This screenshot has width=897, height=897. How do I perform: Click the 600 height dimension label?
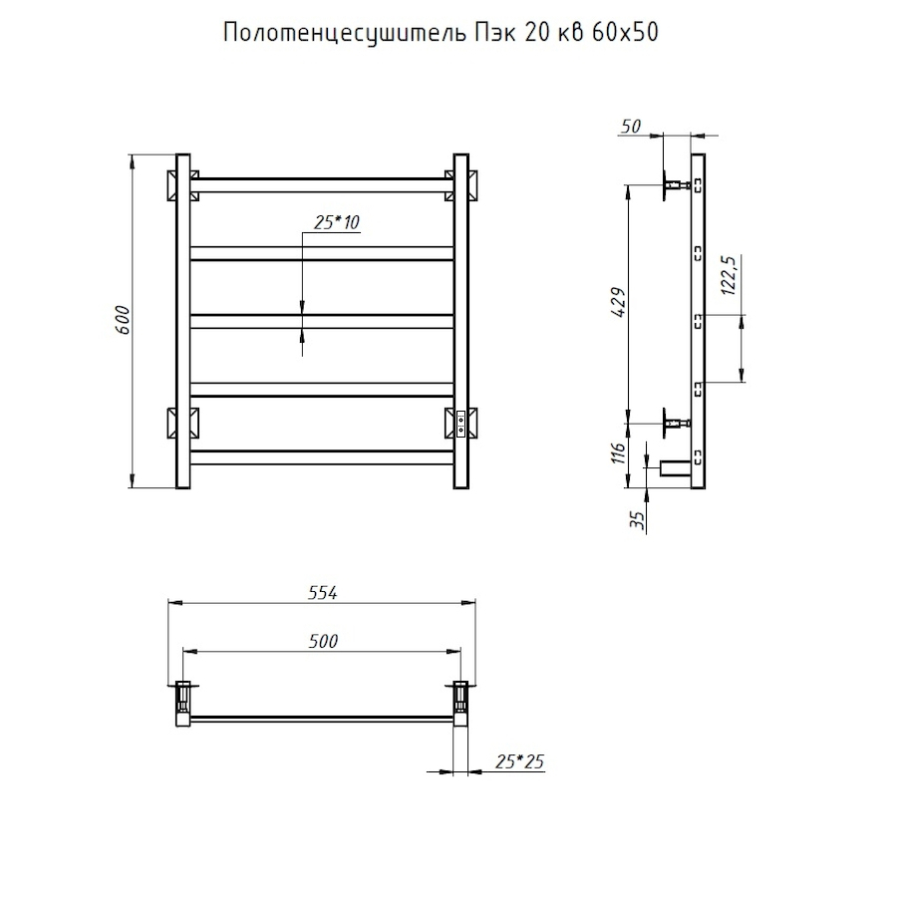123,320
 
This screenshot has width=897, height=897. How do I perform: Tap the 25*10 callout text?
337,222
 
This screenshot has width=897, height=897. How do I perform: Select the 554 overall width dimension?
323,593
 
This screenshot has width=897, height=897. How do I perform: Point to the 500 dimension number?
323,641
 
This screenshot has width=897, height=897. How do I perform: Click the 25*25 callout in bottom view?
519,761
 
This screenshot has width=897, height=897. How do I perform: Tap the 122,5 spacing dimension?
729,275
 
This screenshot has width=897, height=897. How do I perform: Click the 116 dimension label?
618,453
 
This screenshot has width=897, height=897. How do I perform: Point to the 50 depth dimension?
631,126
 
